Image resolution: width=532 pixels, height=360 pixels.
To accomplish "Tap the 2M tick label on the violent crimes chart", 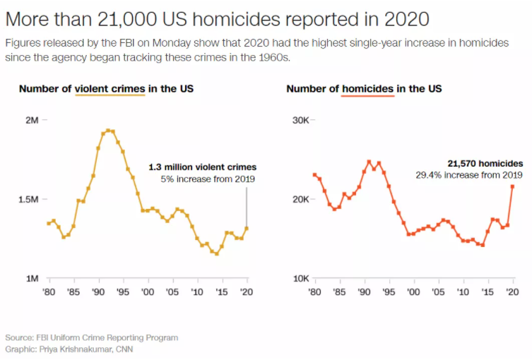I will [31, 120].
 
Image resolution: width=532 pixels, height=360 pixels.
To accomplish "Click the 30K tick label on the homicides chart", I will [300, 120].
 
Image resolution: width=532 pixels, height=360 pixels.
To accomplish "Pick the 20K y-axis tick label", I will [300, 199].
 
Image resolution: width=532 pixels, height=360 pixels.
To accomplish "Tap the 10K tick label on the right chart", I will [300, 279].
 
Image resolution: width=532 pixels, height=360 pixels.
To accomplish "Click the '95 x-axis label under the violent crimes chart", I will [123, 292].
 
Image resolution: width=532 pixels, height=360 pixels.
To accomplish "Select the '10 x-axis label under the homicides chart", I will [463, 292].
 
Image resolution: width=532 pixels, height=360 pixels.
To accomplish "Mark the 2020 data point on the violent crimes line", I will [247, 228].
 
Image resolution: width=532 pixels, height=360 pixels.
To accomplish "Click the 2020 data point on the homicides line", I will [512, 186].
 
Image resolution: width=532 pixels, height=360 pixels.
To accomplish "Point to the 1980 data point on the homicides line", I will [314, 175].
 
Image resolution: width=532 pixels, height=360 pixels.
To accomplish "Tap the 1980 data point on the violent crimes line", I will [49, 223].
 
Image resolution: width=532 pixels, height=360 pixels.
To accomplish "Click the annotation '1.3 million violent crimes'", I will [202, 167].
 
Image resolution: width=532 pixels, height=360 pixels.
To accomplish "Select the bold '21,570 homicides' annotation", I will [485, 163].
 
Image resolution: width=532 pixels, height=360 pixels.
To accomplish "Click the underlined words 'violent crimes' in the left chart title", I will [110, 89].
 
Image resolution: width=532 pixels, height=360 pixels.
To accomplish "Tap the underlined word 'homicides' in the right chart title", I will [367, 89].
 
